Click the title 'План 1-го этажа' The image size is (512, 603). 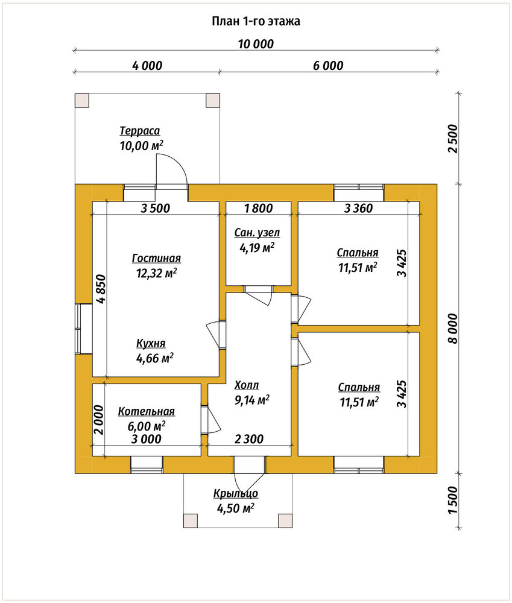tap(256, 21)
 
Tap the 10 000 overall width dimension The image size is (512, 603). tap(256, 44)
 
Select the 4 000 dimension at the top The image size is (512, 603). tap(147, 66)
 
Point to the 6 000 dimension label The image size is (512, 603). tap(328, 66)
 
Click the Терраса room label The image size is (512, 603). tap(140, 131)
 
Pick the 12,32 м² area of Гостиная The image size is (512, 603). tap(157, 273)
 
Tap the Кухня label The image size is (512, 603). tap(151, 343)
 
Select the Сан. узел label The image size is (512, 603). tap(257, 233)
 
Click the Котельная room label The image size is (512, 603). tap(146, 411)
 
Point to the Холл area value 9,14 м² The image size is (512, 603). tap(252, 400)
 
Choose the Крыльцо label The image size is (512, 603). tap(236, 493)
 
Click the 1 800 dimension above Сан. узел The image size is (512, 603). tap(259, 209)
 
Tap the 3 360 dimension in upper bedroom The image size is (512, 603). tap(358, 209)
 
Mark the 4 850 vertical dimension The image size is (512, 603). tap(100, 289)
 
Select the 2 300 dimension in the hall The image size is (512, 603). tap(249, 439)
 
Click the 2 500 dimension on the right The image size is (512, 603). tap(454, 139)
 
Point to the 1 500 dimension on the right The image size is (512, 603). tap(454, 500)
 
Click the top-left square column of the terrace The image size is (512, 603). tap(82, 100)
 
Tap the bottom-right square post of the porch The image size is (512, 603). tap(285, 520)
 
